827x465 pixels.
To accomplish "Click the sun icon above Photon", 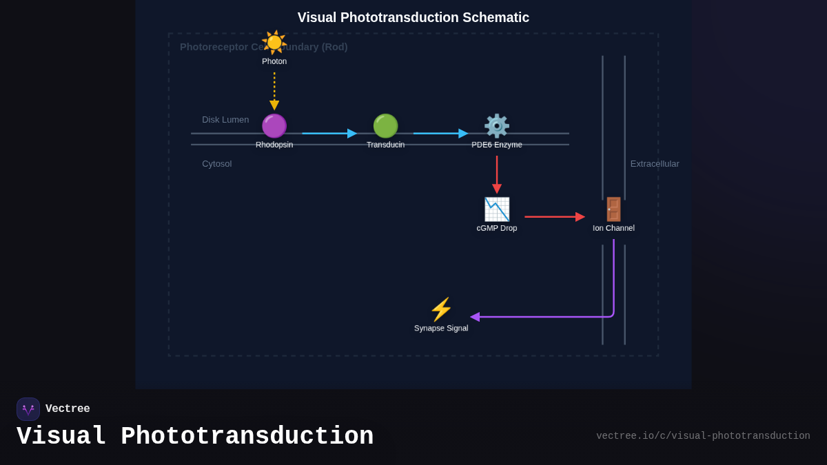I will pyautogui.click(x=274, y=42).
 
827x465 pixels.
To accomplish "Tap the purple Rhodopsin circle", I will pyautogui.click(x=274, y=126).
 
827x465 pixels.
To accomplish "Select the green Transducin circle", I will pyautogui.click(x=385, y=126).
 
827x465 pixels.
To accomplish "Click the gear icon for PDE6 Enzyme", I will pyautogui.click(x=497, y=126).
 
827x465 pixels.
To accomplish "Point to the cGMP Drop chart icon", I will pyautogui.click(x=497, y=209).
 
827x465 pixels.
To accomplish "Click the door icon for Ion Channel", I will pyautogui.click(x=613, y=209).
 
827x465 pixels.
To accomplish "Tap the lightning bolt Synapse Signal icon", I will pyautogui.click(x=441, y=310).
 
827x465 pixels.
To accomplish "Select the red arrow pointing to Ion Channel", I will pyautogui.click(x=554, y=217).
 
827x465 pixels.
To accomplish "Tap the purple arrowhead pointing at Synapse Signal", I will pyautogui.click(x=475, y=317).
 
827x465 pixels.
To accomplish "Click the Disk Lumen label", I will pyautogui.click(x=225, y=120).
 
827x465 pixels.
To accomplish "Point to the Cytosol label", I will pyautogui.click(x=217, y=164).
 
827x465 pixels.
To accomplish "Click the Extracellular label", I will pyautogui.click(x=655, y=164).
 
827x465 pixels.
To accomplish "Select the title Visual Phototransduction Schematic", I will pyautogui.click(x=413, y=18).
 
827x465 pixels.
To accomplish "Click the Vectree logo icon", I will pyautogui.click(x=28, y=409).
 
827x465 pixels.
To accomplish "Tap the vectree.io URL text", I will pyautogui.click(x=703, y=436).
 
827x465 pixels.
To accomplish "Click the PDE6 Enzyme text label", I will pyautogui.click(x=497, y=145).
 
